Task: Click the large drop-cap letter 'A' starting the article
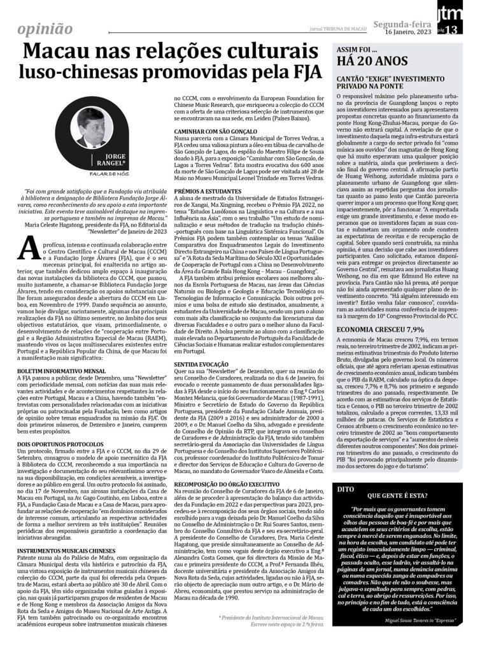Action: pyautogui.click(x=27, y=248)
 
